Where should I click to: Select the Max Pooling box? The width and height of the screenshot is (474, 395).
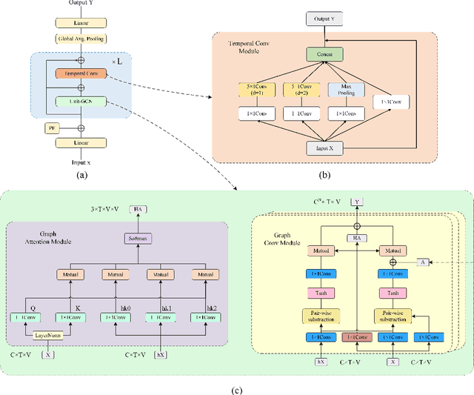[x=345, y=90]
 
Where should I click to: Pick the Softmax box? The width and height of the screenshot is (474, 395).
[x=137, y=238]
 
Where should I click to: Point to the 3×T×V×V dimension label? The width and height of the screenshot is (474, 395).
[x=104, y=210]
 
